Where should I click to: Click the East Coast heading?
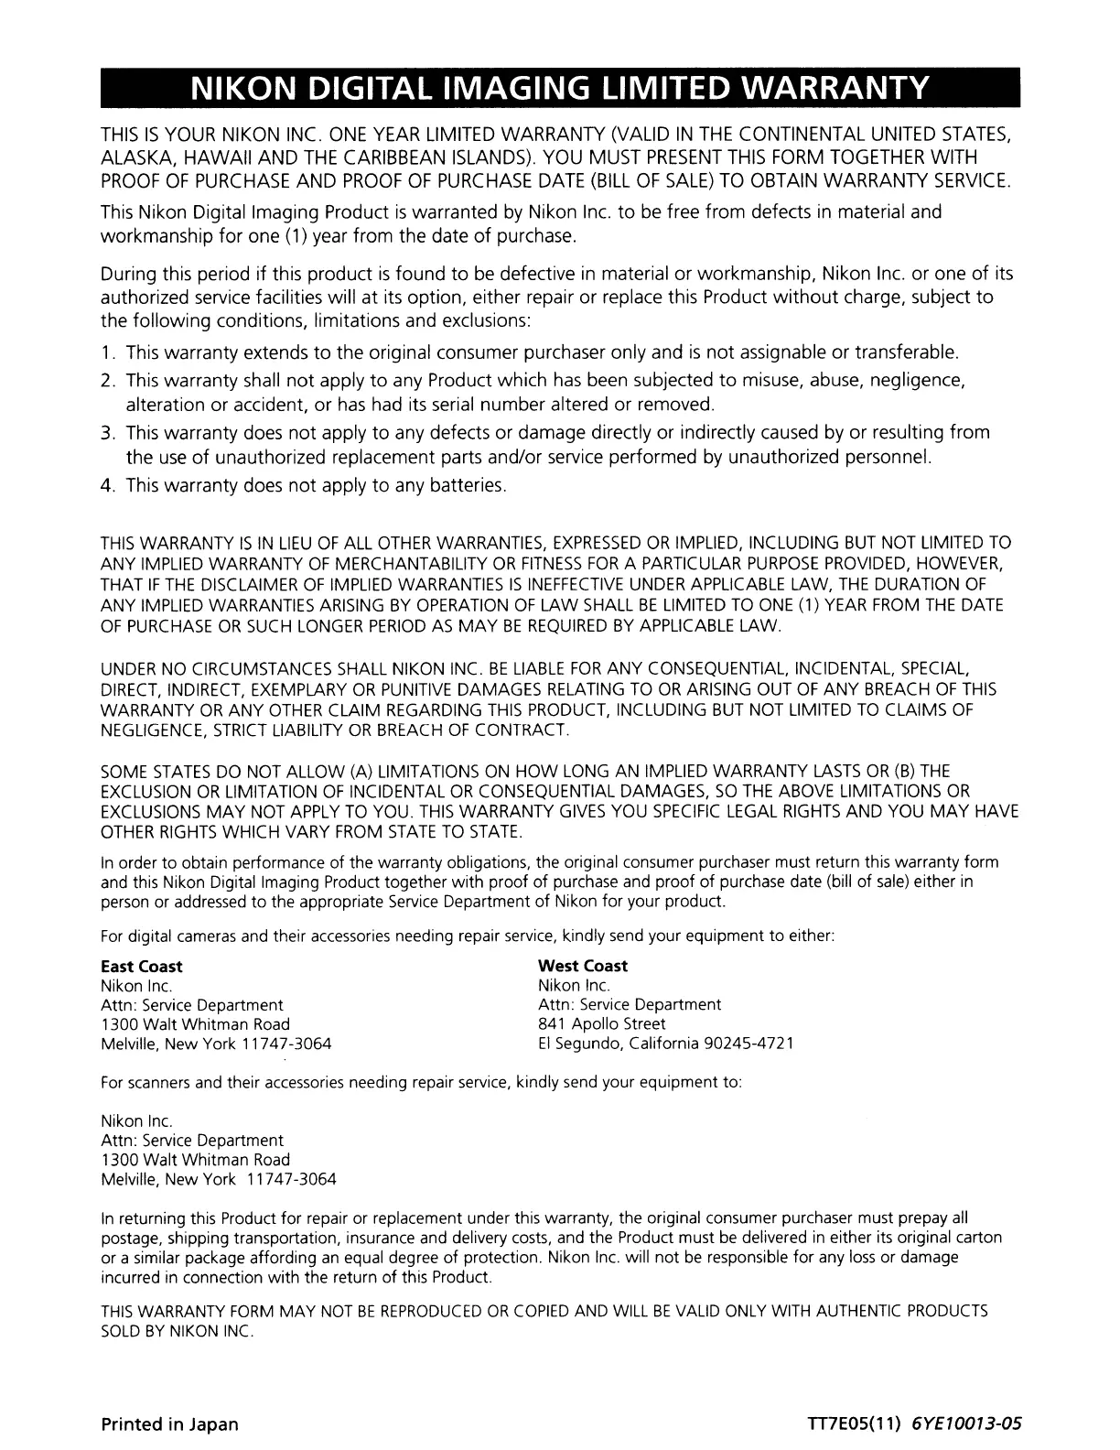click(141, 967)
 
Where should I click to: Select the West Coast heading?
click(583, 967)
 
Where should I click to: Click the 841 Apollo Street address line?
click(601, 1024)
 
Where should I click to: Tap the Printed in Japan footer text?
click(169, 1424)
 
